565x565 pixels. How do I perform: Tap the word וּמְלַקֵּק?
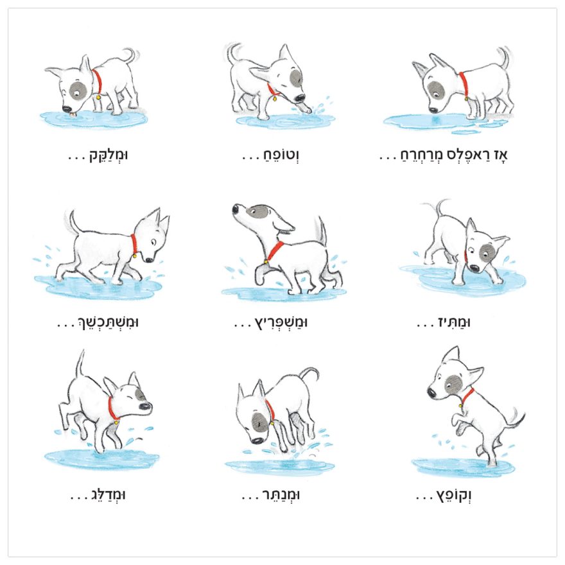tap(109, 155)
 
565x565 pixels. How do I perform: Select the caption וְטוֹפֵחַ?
tap(281, 155)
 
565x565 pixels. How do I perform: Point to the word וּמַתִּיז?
tap(455, 322)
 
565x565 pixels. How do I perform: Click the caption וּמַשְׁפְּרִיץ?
tap(281, 322)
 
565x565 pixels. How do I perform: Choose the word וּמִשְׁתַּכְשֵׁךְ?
tap(109, 322)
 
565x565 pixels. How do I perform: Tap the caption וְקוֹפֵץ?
tap(454, 496)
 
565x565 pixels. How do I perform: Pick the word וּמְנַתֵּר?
tap(281, 495)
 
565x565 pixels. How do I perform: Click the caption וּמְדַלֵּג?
tap(107, 495)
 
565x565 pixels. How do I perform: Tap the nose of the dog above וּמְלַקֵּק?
tap(67, 109)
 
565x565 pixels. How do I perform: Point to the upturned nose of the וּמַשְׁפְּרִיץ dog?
tap(236, 209)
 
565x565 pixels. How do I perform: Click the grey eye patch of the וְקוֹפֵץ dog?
tap(453, 384)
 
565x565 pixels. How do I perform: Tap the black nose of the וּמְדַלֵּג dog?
tap(146, 406)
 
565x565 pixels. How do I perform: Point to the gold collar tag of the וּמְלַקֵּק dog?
tap(98, 97)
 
